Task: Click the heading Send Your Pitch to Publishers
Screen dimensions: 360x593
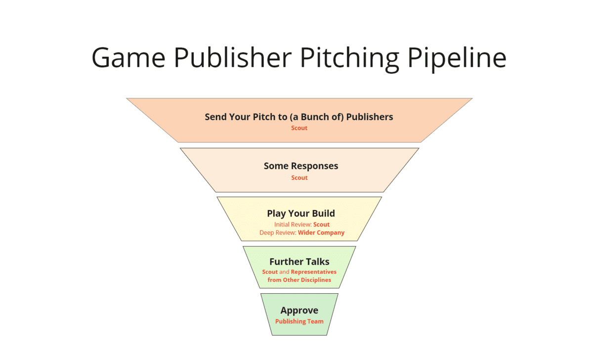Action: click(299, 117)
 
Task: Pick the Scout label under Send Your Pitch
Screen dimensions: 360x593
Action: click(299, 128)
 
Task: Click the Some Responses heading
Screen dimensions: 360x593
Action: click(301, 166)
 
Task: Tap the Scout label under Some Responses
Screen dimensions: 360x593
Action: click(299, 178)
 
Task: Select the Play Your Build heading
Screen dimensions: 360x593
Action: click(301, 214)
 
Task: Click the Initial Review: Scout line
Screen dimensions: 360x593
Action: click(301, 225)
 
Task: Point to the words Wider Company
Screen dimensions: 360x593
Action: click(321, 232)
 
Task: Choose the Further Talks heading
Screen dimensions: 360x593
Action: click(299, 262)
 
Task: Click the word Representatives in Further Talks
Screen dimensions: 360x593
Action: click(313, 272)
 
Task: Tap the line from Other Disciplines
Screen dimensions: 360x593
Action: click(299, 280)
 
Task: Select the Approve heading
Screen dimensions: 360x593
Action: click(299, 311)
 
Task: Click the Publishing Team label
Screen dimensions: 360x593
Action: click(299, 321)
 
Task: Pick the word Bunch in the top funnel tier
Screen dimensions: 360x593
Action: click(332, 117)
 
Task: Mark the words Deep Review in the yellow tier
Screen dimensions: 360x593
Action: click(277, 232)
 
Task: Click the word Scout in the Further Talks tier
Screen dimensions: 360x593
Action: click(270, 272)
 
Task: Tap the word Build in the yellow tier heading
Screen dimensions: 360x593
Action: click(323, 214)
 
